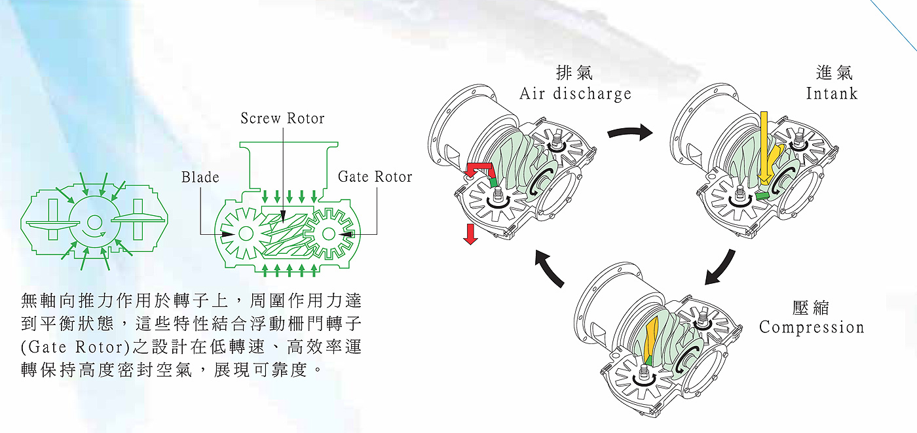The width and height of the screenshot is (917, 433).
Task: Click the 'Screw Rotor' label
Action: coord(282,119)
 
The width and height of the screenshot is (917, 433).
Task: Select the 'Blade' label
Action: coord(200,177)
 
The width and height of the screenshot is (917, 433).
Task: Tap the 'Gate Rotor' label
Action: coord(375,177)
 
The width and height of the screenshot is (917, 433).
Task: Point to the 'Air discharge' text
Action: coord(575,94)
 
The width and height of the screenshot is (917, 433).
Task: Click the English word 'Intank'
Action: coord(831,94)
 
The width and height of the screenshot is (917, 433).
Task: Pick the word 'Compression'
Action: coord(812,327)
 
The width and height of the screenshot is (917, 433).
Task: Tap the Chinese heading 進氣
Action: coord(834,73)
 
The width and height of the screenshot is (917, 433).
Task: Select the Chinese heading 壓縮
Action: coord(810,307)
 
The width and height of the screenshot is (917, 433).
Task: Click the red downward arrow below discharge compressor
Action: coord(470,234)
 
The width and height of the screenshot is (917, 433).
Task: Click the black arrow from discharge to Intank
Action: coord(629,133)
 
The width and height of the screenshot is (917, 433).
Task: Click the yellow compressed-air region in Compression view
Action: coord(653,339)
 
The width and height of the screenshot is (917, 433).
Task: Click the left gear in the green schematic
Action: coord(246,234)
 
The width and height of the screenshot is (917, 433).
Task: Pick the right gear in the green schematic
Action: coord(328,234)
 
